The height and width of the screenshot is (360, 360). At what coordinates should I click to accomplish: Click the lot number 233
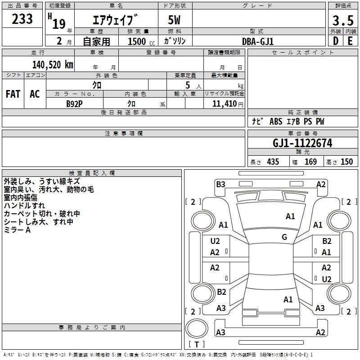pos(22,19)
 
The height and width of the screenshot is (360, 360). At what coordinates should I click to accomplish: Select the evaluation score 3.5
pos(342,21)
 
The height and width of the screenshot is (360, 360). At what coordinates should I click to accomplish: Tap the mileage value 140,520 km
pos(53,65)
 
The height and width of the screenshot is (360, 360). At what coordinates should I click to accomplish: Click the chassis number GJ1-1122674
pos(302,144)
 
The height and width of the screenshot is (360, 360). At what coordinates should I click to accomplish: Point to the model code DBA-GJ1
pos(258,41)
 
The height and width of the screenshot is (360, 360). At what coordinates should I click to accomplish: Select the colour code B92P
pos(75,103)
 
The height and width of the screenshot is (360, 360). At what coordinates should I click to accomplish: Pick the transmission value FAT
pos(13,94)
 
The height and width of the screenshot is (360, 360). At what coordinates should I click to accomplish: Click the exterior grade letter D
pos(335,41)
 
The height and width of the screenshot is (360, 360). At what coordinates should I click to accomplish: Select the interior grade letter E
pos(350,41)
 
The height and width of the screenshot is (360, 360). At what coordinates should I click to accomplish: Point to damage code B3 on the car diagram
pos(220,184)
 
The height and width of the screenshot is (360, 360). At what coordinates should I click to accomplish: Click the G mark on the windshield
pos(284,237)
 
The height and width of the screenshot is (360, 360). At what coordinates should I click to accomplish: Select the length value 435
pos(272,162)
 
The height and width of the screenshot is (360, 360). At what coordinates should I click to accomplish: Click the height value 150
pos(346,162)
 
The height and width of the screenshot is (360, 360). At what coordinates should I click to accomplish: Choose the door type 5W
pos(175,20)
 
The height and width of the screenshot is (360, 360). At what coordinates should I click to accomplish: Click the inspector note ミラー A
pos(17,230)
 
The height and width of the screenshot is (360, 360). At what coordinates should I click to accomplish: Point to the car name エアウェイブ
pos(115,20)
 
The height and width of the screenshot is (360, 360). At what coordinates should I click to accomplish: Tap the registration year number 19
pos(59,23)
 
